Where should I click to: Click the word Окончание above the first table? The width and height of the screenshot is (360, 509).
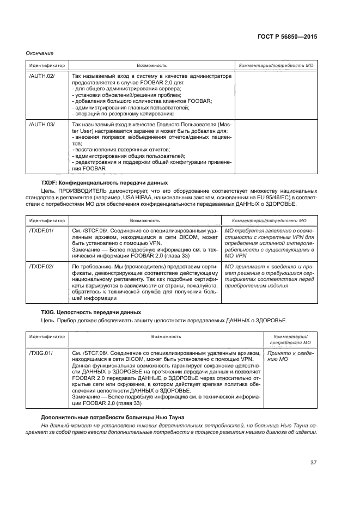[x=40, y=53]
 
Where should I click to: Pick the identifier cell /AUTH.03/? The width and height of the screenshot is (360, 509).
[x=42, y=125]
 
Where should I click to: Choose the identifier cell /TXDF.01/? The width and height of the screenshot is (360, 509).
[x=42, y=231]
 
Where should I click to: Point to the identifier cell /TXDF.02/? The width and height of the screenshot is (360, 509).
[x=42, y=266]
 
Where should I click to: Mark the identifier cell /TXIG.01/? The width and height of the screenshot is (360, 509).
[x=41, y=353]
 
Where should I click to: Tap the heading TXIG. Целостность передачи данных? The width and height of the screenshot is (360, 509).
[x=91, y=312]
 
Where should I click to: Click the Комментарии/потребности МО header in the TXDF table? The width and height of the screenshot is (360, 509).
[x=269, y=220]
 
